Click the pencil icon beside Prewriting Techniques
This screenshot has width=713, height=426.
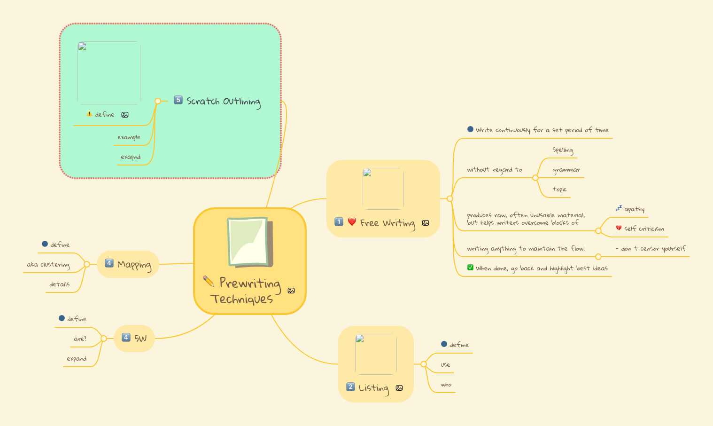208,281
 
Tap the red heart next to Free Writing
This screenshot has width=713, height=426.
352,221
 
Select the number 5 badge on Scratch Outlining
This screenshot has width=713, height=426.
178,100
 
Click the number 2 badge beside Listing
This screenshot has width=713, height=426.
350,387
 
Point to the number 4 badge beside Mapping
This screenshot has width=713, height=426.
109,263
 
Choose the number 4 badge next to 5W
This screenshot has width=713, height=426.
126,337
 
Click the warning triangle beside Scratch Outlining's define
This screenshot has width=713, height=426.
89,114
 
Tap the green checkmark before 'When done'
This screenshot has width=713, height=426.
470,268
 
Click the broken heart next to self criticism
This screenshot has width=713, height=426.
619,228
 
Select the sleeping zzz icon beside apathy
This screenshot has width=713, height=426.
619,208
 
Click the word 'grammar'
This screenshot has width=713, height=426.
566,170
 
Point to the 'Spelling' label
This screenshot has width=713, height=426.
563,150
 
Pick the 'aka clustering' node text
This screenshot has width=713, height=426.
48,265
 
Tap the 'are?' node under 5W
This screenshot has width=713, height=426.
80,339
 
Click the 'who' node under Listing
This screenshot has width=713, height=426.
446,385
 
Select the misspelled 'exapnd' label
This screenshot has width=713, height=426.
131,157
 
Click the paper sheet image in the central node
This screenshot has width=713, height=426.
249,242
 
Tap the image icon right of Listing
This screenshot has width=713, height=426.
399,388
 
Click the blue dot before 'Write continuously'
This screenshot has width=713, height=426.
470,129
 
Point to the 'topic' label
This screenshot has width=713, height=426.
559,189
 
